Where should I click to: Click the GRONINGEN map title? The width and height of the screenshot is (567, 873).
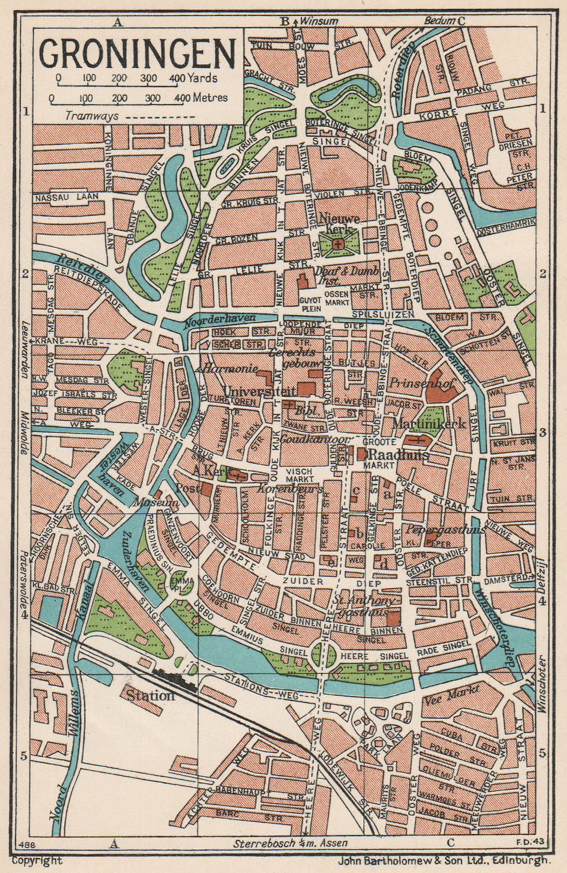(137, 53)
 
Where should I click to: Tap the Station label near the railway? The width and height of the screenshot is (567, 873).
(150, 696)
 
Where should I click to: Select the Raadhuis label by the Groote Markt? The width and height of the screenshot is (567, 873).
(399, 455)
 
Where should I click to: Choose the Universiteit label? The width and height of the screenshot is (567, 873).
(259, 391)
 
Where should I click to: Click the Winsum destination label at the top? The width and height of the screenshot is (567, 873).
(319, 21)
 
